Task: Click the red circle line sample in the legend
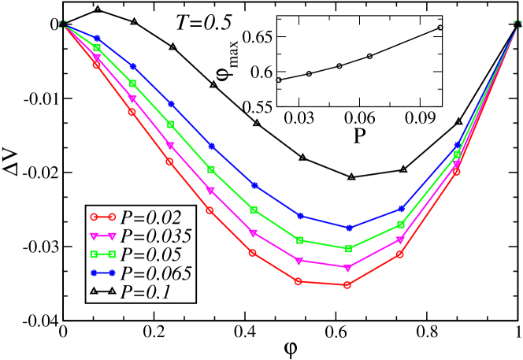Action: tap(102, 217)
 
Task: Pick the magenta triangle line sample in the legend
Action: tap(102, 236)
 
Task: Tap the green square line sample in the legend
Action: tap(102, 254)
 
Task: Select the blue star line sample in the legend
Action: tap(102, 273)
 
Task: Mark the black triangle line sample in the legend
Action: tap(102, 291)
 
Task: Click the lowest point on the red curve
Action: tap(347, 284)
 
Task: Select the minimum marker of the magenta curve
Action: tap(348, 268)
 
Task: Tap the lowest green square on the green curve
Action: tap(348, 249)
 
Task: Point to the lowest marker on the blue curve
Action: tap(348, 228)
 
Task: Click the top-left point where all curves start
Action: tap(63, 24)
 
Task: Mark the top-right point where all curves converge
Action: tap(518, 24)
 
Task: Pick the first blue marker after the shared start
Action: tap(97, 39)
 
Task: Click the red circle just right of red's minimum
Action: tap(400, 254)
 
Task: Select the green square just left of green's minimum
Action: tap(299, 240)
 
